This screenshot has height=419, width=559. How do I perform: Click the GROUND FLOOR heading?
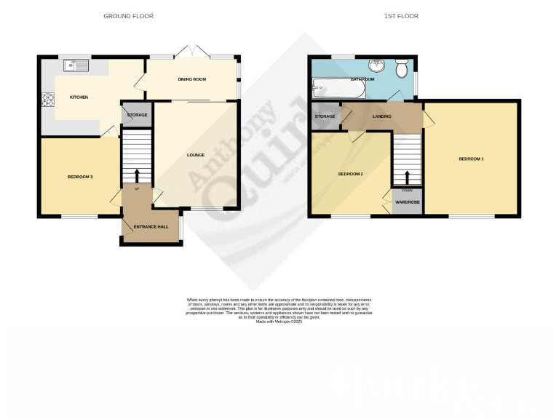pyautogui.click(x=128, y=16)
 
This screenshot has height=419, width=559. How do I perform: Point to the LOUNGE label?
pyautogui.click(x=195, y=155)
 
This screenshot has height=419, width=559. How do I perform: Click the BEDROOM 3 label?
pyautogui.click(x=80, y=177)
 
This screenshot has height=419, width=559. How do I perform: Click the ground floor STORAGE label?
pyautogui.click(x=137, y=116)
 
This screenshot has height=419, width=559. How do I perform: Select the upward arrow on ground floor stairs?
pyautogui.click(x=137, y=175)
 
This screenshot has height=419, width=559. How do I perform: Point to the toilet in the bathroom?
pyautogui.click(x=401, y=70)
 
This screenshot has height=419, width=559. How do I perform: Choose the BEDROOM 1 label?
pyautogui.click(x=471, y=159)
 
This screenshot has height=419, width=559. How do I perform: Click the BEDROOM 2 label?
pyautogui.click(x=351, y=174)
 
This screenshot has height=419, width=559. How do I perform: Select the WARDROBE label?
pyautogui.click(x=408, y=202)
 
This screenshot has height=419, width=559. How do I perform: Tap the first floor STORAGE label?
pyautogui.click(x=325, y=116)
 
